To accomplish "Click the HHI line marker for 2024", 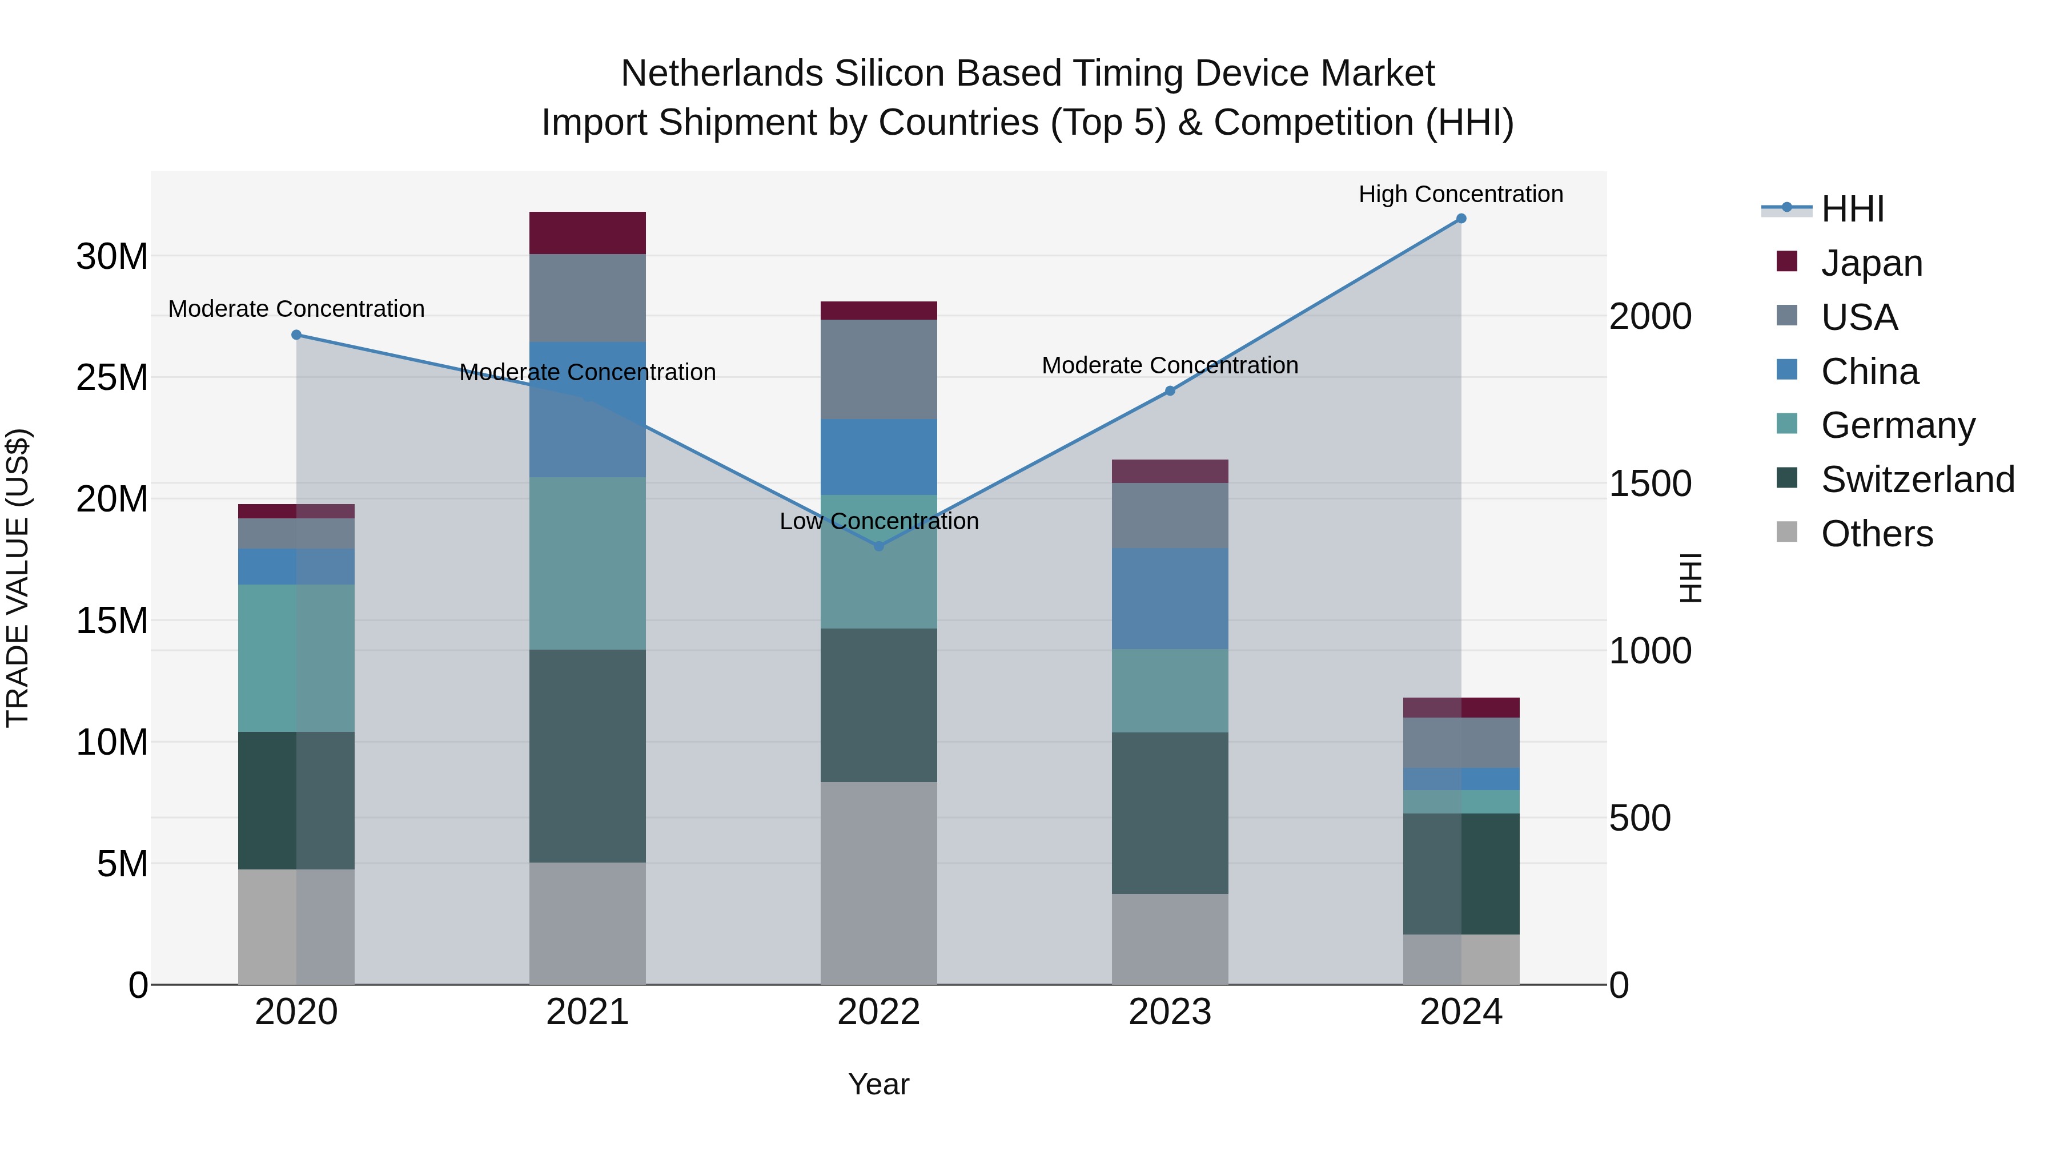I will click(1460, 219).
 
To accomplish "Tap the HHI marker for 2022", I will click(879, 546).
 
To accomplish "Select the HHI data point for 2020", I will click(296, 335).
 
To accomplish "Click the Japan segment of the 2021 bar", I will click(588, 233).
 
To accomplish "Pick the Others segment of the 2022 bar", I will click(879, 883).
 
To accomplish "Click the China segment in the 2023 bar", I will click(1170, 598).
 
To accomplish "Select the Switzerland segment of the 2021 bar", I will click(588, 755).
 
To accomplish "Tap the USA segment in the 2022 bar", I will click(879, 369).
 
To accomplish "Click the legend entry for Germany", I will click(1897, 425).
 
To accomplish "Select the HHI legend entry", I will click(1852, 209).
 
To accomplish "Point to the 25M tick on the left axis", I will click(112, 377).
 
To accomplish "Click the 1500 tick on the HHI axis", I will click(1650, 484).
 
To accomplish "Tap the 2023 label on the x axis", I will click(1170, 1012).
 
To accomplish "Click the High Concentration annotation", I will click(1460, 194).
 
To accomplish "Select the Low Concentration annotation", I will click(879, 521).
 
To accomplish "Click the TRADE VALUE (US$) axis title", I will click(18, 578).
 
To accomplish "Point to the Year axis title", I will click(879, 1084).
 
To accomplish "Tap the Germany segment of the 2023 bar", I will click(1170, 691).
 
